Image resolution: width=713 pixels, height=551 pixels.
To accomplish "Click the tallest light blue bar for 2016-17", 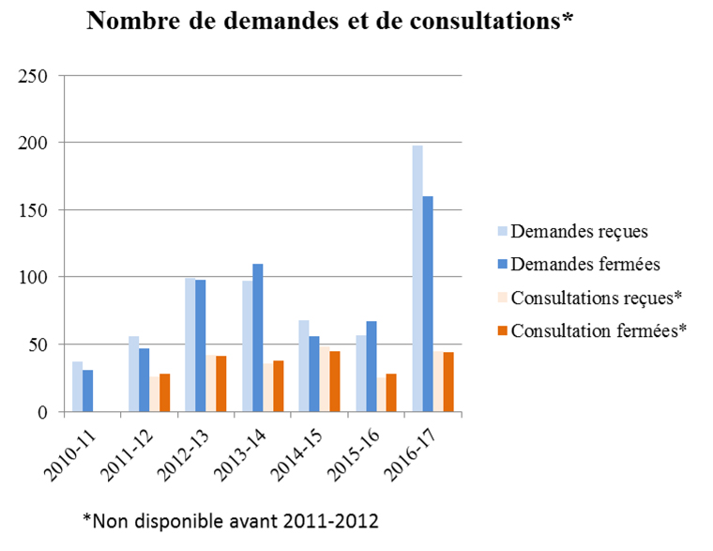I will [417, 279].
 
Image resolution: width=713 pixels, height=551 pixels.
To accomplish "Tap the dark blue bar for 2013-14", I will [258, 338].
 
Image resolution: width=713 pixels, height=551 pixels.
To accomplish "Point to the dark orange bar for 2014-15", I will [335, 382].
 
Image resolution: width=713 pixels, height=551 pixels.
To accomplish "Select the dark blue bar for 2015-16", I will [372, 367].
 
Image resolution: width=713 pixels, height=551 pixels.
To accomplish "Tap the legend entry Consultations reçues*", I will [588, 297].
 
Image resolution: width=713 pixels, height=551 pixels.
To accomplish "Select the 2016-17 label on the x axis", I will [417, 449].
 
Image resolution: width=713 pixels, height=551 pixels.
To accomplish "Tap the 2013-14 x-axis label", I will [248, 449].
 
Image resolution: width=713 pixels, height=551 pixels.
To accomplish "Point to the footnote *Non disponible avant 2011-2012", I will [230, 519].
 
